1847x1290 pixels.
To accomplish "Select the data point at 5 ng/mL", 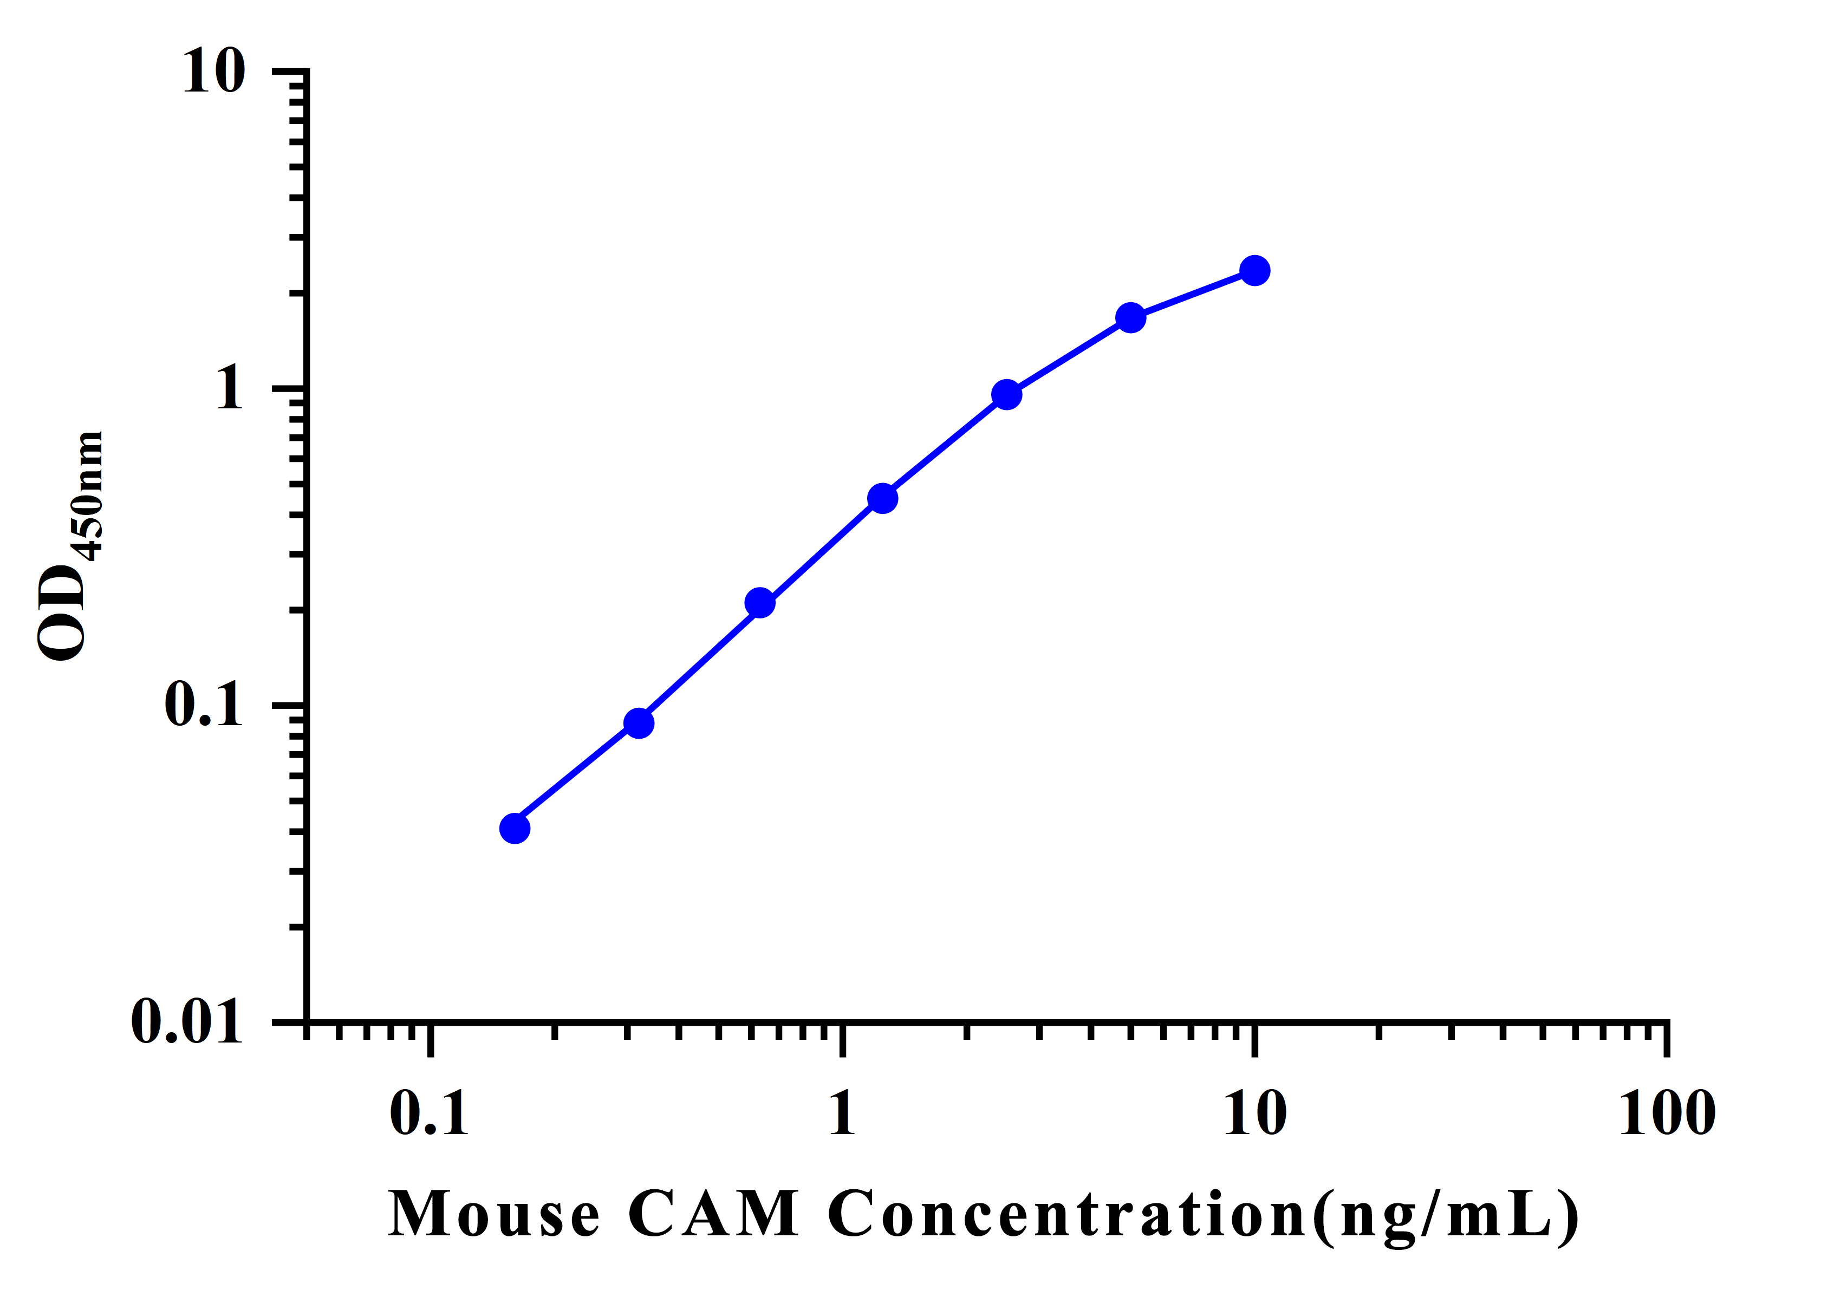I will [1130, 318].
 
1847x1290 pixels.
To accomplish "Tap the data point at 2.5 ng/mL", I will [1006, 395].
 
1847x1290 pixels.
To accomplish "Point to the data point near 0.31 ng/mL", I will [639, 723].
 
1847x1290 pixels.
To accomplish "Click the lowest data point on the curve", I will [515, 829].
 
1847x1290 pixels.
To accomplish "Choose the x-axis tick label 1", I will [842, 1115].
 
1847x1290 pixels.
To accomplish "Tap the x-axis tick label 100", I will [1667, 1115].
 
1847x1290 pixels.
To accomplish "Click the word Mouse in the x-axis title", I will [494, 1214].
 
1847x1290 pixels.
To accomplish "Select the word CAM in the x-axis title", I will [713, 1214].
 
